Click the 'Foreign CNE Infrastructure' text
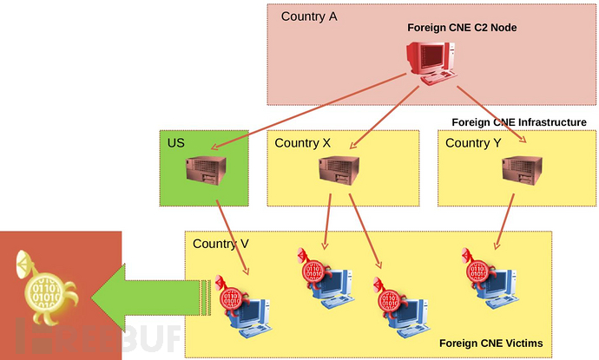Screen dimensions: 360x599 pos(519,122)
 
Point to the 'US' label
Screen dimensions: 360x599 pos(176,141)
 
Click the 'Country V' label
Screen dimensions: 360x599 pos(221,244)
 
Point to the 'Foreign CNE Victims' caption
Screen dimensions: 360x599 pos(490,344)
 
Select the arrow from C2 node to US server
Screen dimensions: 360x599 pos(304,114)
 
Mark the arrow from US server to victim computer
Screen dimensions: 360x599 pos(234,243)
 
